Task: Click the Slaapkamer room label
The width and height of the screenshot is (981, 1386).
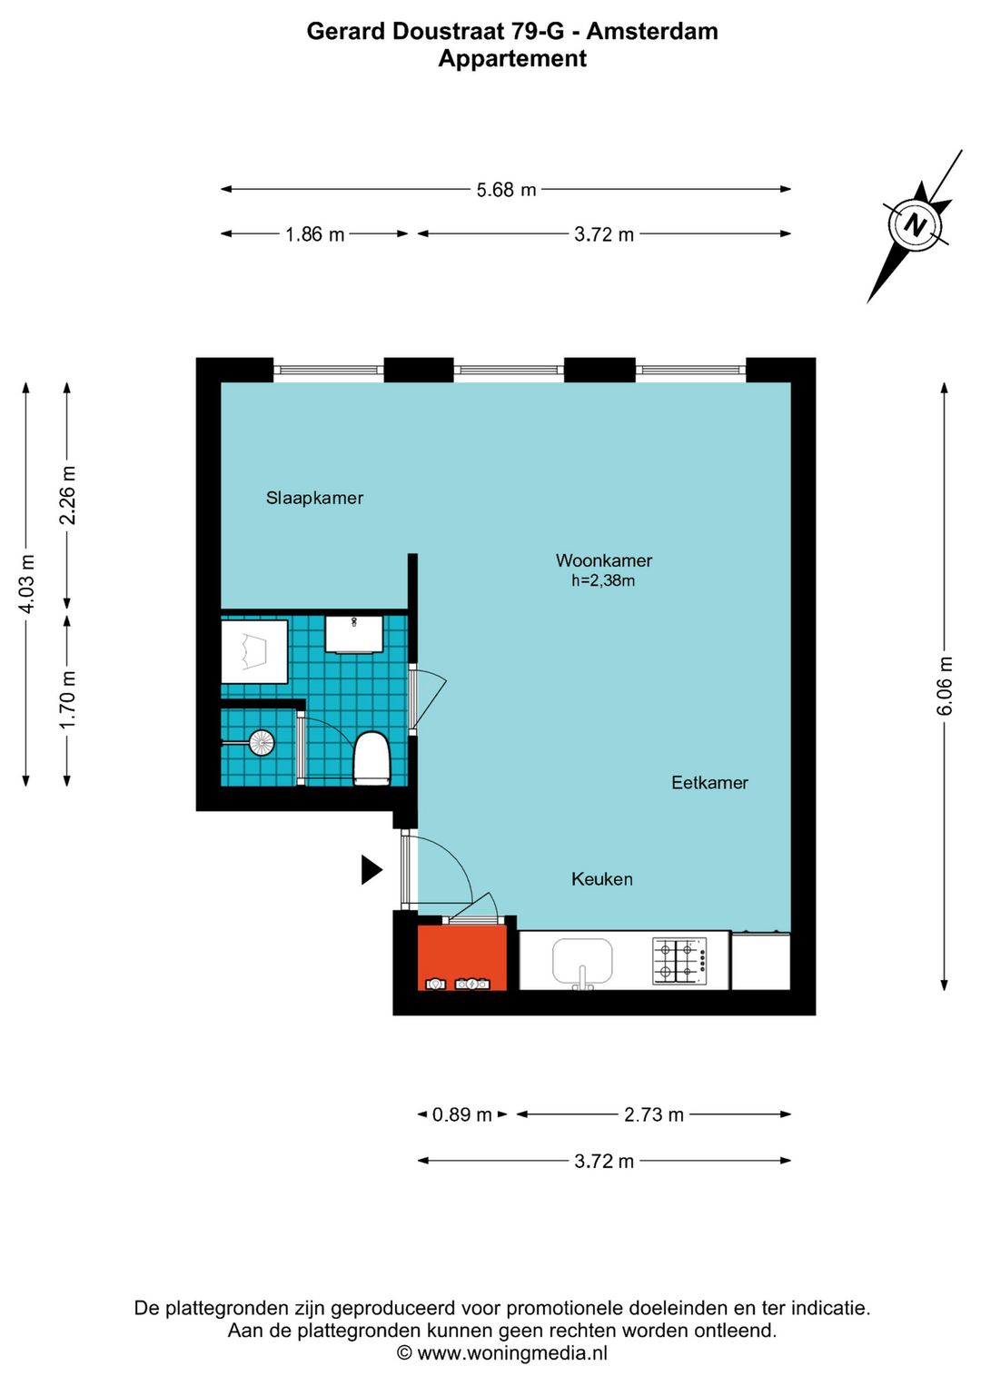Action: tap(314, 498)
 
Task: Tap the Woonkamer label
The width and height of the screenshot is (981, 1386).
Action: tap(604, 560)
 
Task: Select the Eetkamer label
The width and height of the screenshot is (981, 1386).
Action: tap(709, 783)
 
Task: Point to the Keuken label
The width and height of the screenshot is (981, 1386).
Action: tap(601, 879)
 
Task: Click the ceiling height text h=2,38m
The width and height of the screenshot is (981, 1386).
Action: tap(603, 581)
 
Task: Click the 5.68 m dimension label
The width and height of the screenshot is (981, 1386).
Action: tap(506, 190)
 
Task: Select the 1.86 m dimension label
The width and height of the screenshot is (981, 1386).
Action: tap(314, 234)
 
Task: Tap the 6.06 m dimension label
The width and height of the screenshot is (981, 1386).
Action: tap(945, 686)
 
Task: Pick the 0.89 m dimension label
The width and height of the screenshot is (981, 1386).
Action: tap(461, 1114)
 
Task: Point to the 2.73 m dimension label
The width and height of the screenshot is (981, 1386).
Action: tap(653, 1114)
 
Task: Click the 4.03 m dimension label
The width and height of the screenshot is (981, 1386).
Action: tap(26, 584)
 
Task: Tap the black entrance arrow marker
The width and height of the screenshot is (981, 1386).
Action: tap(371, 869)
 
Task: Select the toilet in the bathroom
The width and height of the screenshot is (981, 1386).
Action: tap(372, 757)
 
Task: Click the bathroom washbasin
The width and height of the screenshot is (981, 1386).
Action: tap(353, 634)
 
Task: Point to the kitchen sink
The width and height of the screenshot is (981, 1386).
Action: tap(582, 962)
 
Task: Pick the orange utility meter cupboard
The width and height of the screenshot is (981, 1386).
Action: tap(461, 956)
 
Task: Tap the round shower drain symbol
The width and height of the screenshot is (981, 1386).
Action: tap(262, 743)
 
